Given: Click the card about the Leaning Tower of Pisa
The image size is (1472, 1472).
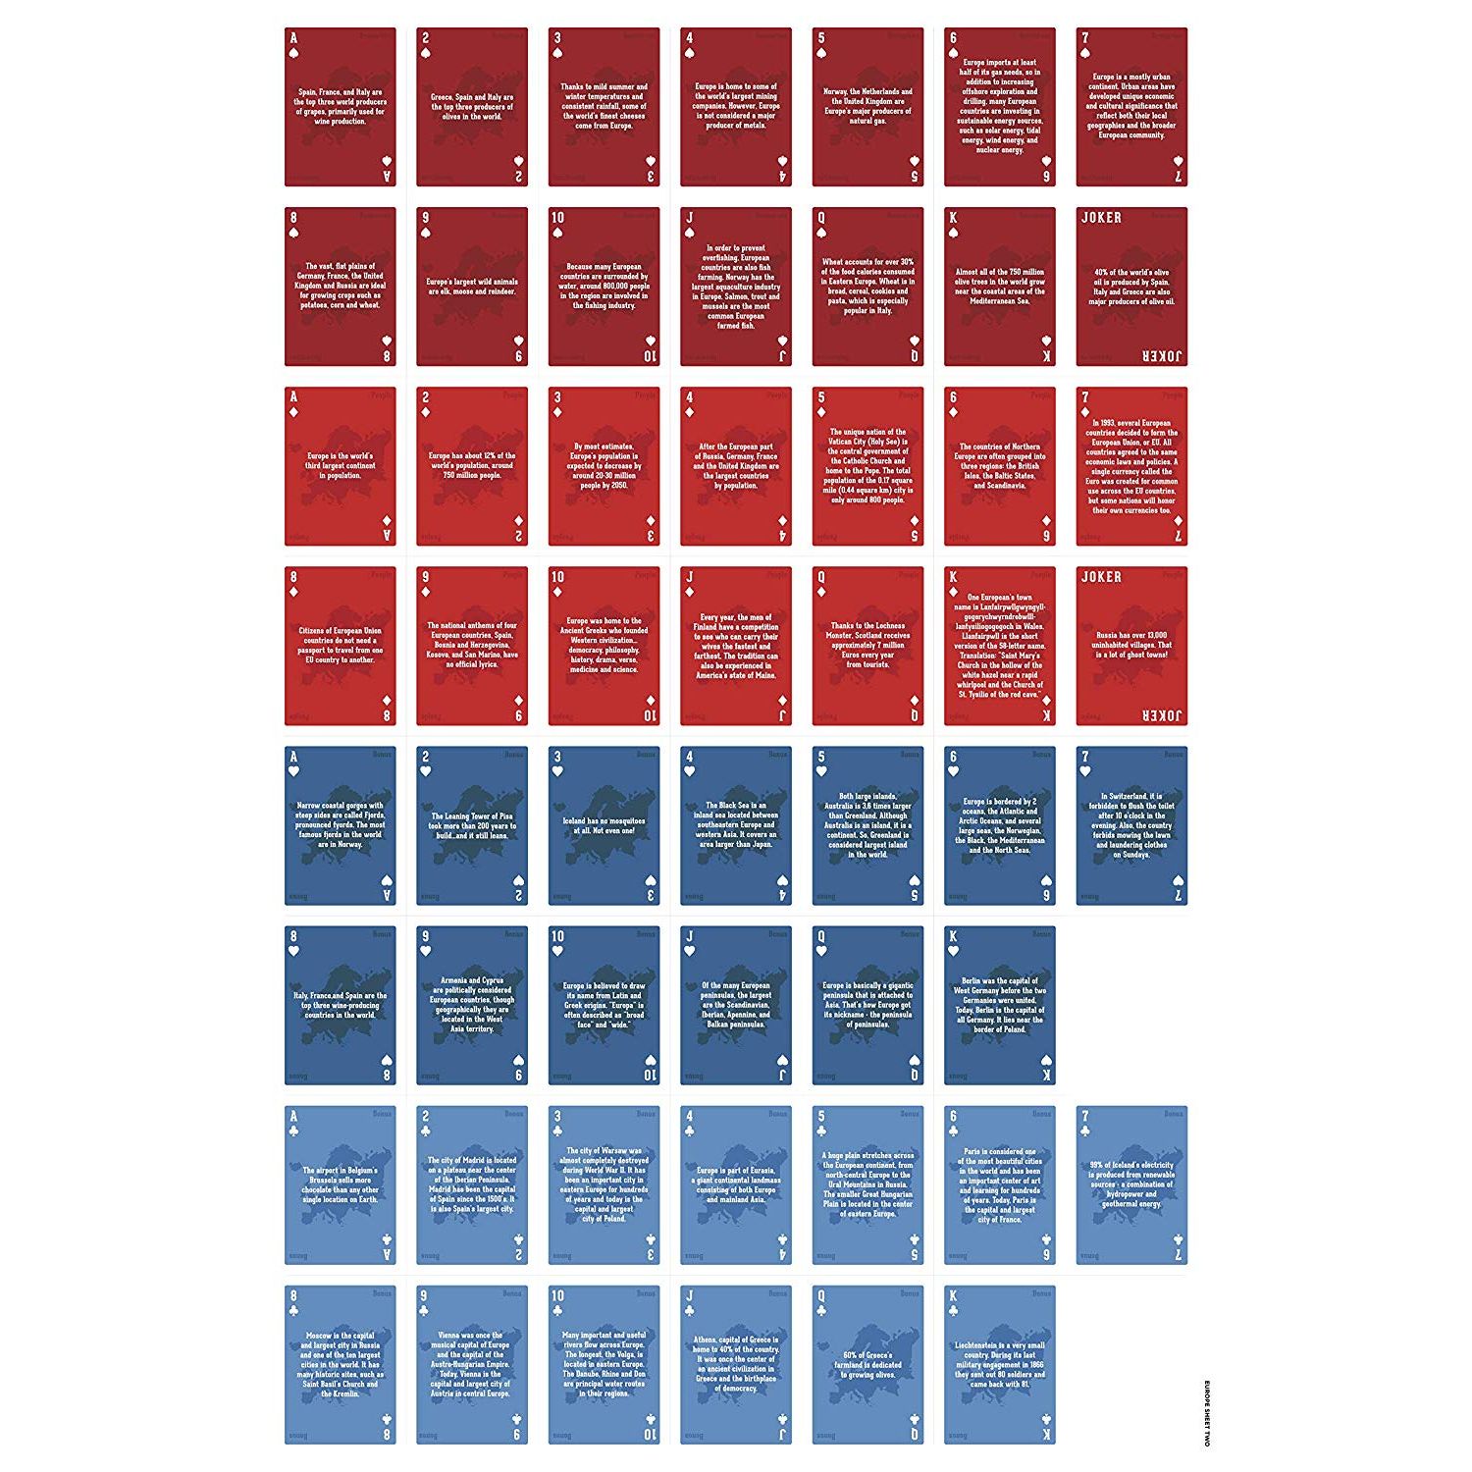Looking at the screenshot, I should click(472, 825).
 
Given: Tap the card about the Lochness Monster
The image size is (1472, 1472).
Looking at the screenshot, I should click(867, 646).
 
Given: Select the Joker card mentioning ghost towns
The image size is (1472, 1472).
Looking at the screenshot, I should click(1131, 646).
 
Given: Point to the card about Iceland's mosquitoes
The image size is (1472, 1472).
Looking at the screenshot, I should click(604, 825).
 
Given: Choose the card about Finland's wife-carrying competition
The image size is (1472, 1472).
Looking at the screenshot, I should click(736, 646).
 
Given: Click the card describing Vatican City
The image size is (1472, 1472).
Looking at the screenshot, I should click(867, 466).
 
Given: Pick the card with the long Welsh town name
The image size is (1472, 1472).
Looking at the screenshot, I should click(999, 646).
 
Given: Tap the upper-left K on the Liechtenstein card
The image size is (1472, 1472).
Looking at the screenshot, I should click(952, 1296).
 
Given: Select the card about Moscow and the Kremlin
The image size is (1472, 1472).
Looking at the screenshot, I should click(341, 1364).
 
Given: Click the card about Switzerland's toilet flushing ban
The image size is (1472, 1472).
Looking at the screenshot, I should click(1131, 825).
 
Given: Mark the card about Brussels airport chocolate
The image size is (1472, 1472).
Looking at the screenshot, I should click(341, 1184).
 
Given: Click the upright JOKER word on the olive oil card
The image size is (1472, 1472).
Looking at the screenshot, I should click(1101, 218).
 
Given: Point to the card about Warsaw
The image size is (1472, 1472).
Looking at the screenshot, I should click(604, 1184).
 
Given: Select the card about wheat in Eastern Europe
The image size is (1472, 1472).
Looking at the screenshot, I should click(867, 287).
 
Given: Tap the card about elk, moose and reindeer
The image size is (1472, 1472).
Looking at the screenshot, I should click(472, 287).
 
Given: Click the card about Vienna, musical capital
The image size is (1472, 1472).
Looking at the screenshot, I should click(472, 1364).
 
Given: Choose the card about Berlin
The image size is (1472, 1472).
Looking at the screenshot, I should click(999, 1005).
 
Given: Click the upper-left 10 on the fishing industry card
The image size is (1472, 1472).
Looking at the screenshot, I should click(557, 218).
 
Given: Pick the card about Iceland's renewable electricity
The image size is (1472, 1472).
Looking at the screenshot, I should click(1131, 1184).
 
